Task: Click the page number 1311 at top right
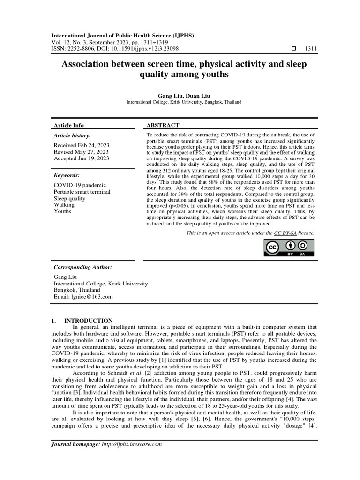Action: pos(311,48)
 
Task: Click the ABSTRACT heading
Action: pos(163,125)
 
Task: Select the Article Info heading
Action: pos(69,125)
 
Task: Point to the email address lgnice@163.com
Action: pos(83,297)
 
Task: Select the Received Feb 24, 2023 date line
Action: pos(81,145)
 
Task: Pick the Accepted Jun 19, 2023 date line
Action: pos(82,158)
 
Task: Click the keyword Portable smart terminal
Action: pos(82,192)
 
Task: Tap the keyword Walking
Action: pos(64,205)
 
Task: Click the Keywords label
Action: pos(67,175)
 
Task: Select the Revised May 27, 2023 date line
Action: pos(81,152)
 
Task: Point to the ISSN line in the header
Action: pos(114,48)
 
